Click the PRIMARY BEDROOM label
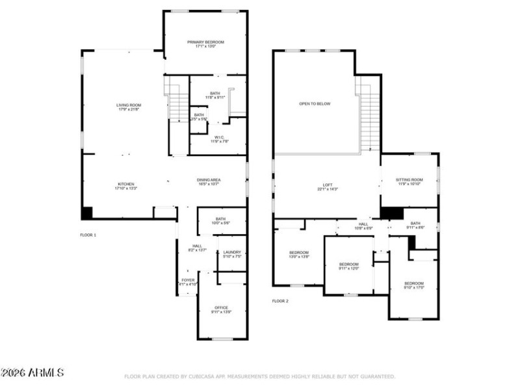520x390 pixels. click(205, 42)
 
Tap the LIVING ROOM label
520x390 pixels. click(129, 105)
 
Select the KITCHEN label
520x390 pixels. click(126, 184)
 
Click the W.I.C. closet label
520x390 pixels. click(219, 137)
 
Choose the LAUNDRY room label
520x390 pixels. click(232, 252)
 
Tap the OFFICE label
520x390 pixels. click(221, 307)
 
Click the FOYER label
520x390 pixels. click(188, 280)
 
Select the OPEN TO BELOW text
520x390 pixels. click(315, 104)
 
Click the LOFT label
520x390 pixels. click(328, 186)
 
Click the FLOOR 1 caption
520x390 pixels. click(88, 235)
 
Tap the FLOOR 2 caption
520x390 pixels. click(280, 301)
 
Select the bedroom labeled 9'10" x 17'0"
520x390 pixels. click(414, 283)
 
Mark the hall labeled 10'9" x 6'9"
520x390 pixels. click(363, 224)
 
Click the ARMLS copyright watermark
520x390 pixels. click(32, 372)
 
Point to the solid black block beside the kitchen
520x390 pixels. click(86, 213)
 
